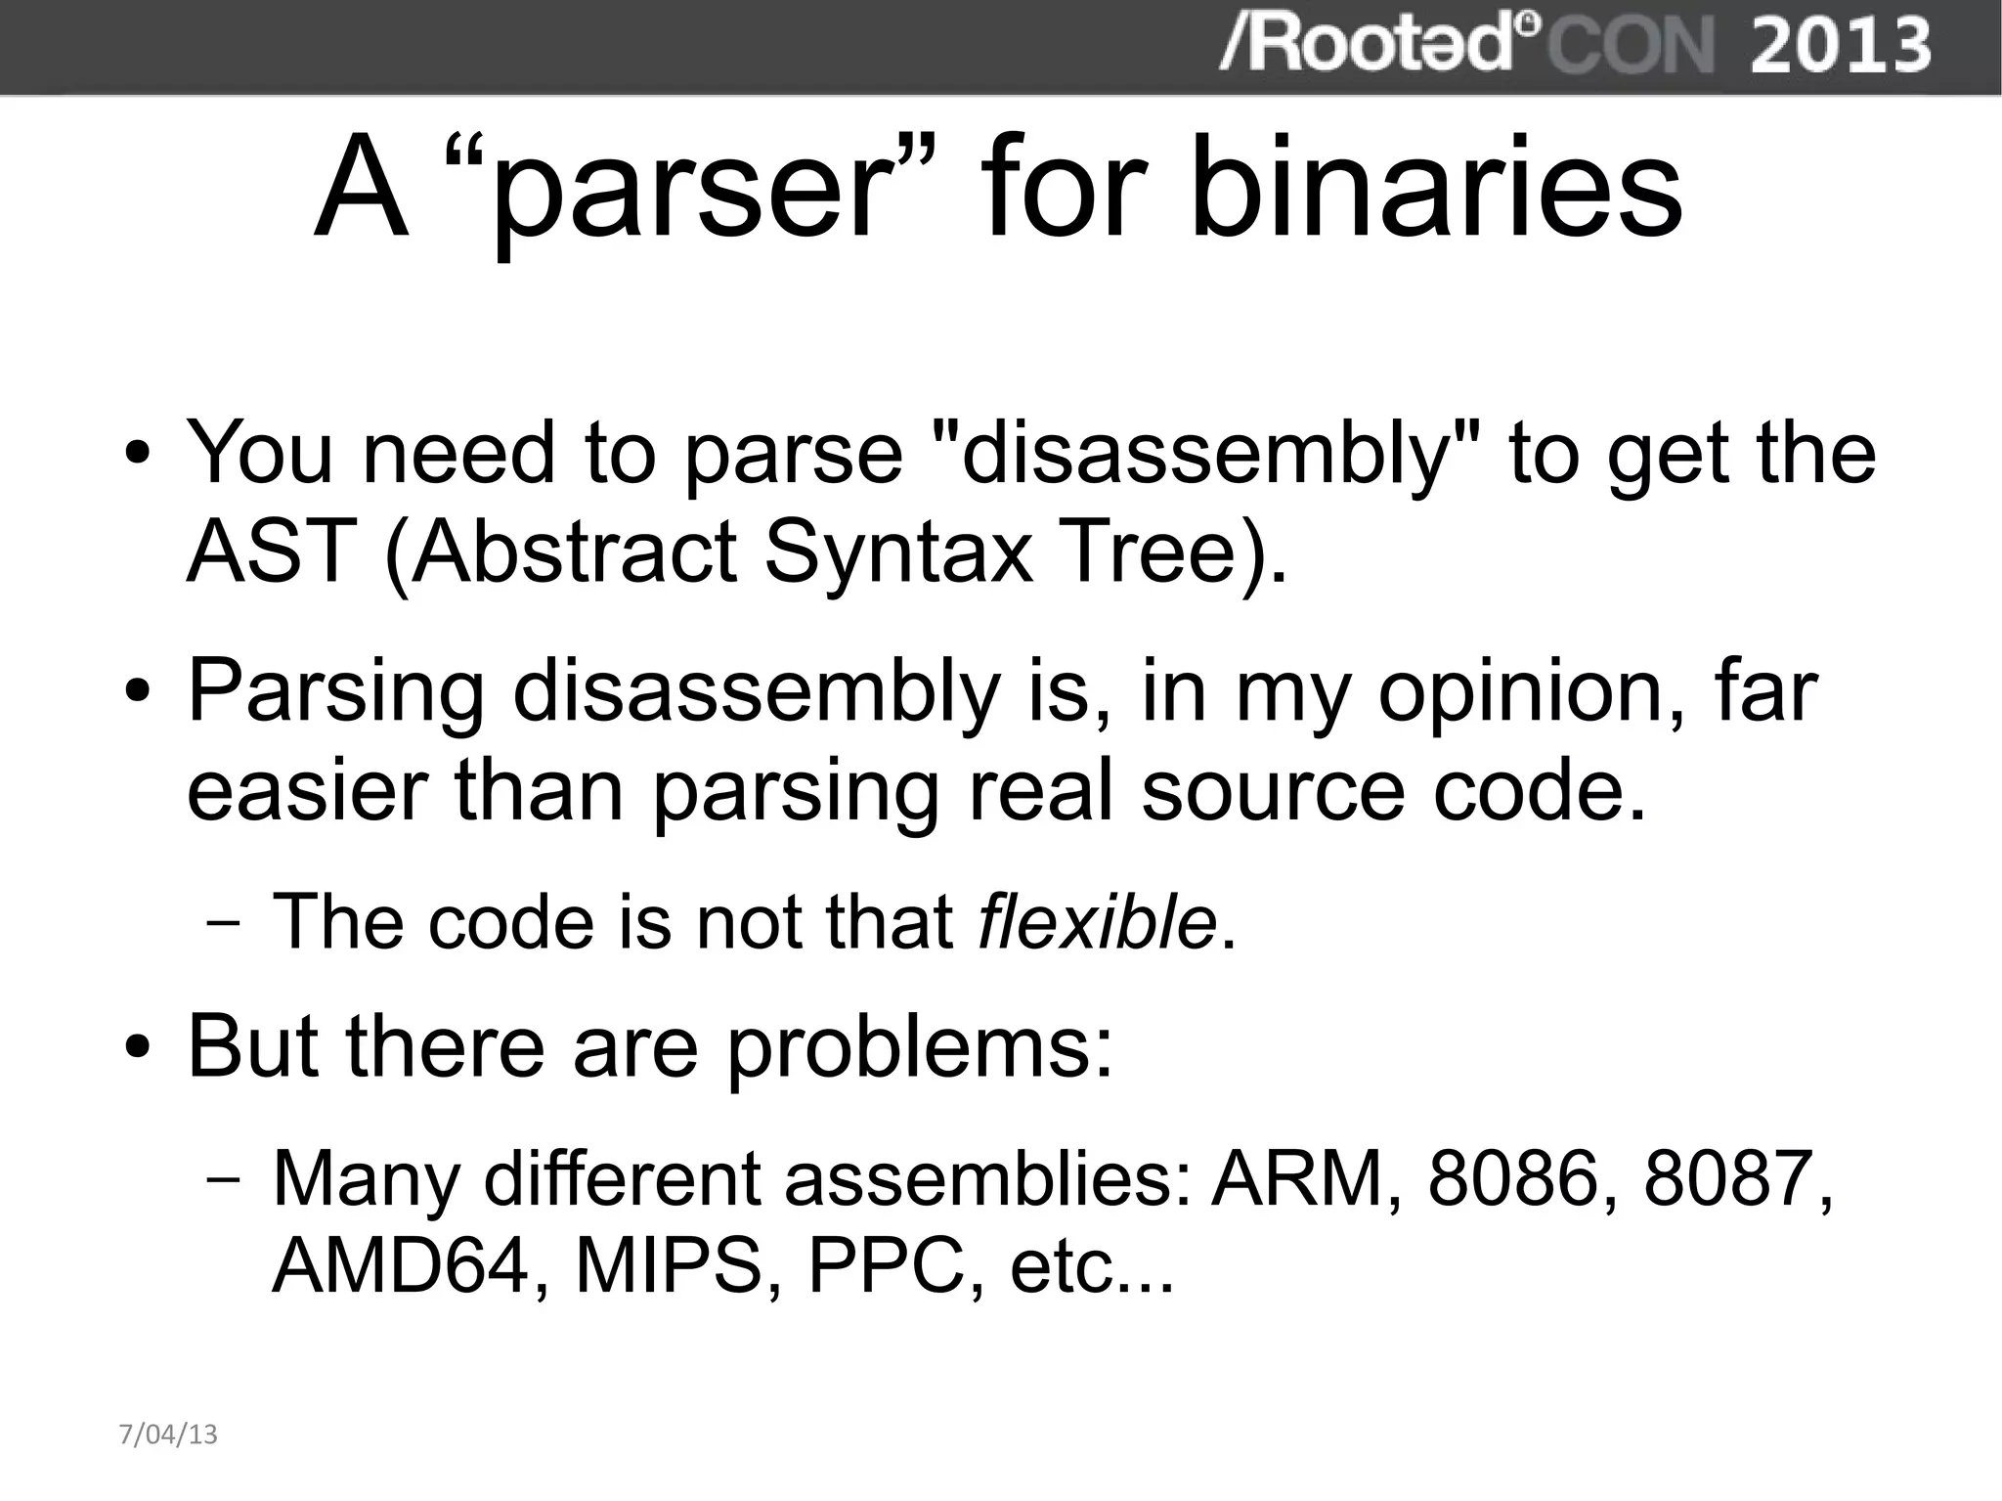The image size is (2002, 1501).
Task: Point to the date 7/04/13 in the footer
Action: [168, 1435]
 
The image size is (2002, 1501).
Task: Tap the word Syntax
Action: [898, 552]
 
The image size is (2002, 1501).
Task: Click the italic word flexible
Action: [1098, 921]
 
